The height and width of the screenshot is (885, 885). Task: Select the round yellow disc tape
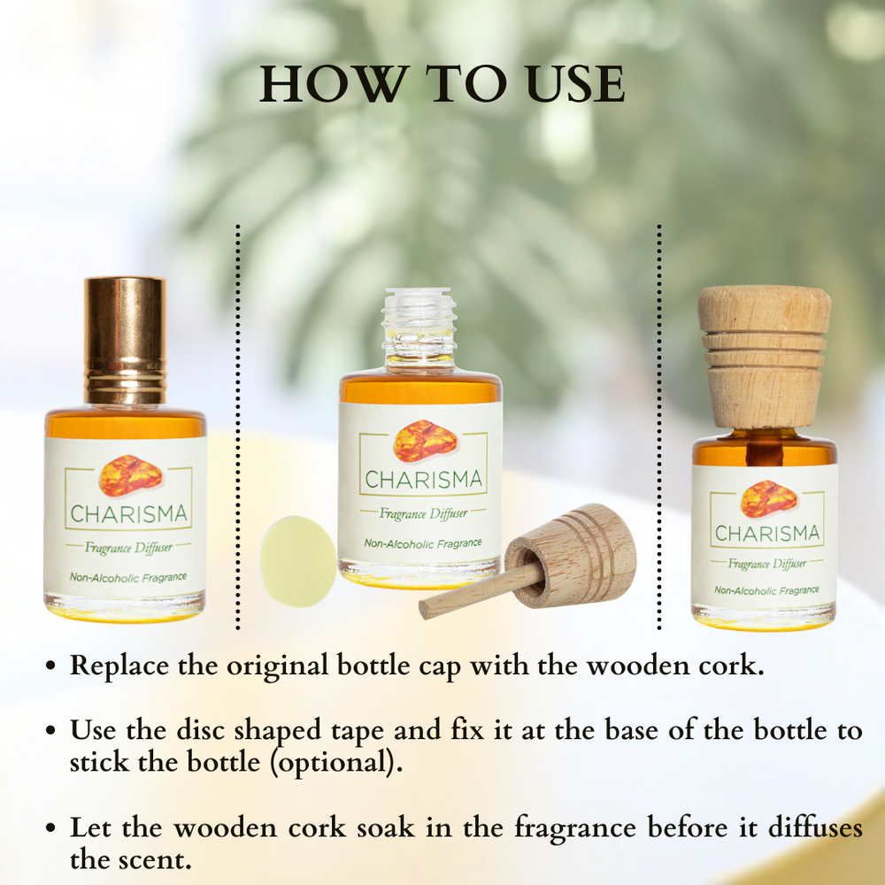pos(296,560)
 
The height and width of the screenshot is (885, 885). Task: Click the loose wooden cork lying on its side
pos(575,556)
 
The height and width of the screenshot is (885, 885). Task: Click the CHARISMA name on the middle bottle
pos(424,481)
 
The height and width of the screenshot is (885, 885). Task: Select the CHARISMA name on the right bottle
pos(766,534)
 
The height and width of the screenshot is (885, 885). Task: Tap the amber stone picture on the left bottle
pos(130,476)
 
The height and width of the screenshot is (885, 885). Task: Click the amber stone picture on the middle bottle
pos(425,441)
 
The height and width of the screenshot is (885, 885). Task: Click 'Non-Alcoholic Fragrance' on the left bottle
pos(128,577)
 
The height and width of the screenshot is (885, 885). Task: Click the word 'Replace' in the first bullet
pos(120,666)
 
